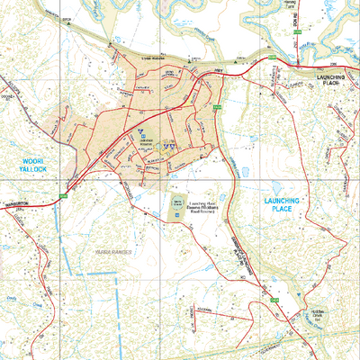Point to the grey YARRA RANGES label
(x=112, y=253)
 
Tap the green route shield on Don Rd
(x=297, y=34)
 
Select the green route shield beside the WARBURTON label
(x=63, y=195)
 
